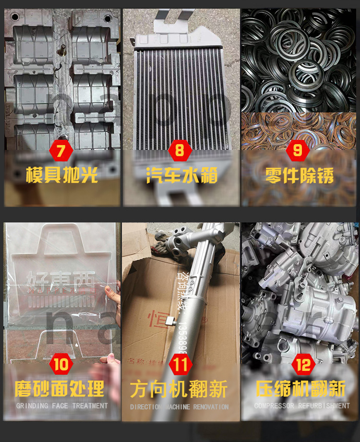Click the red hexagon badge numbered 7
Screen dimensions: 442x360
(x=61, y=150)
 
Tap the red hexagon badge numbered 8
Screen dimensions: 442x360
(x=180, y=150)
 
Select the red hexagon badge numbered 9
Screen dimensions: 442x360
(x=298, y=150)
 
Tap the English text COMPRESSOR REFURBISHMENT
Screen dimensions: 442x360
(x=302, y=406)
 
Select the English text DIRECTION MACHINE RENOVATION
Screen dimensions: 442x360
(x=180, y=407)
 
